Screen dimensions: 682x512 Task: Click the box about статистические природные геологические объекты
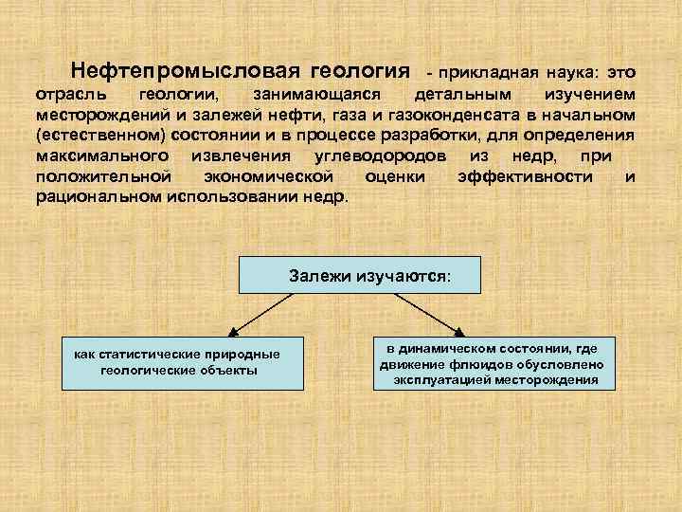coord(178,362)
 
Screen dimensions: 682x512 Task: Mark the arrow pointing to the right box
coord(422,312)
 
